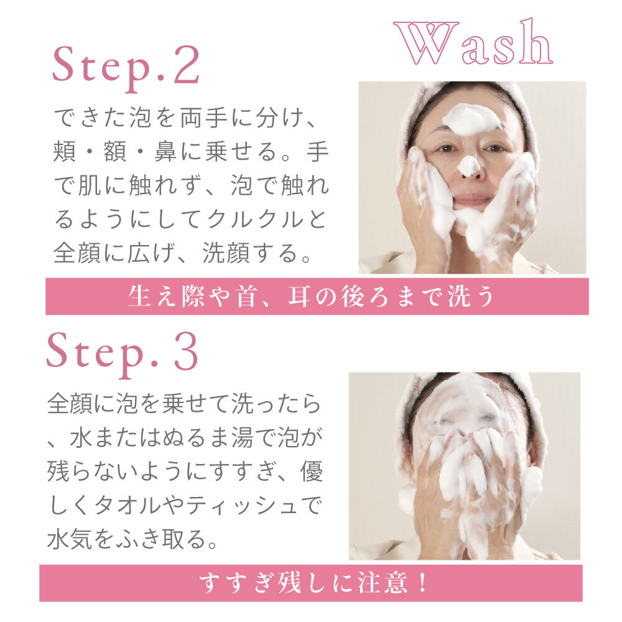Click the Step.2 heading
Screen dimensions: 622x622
(x=126, y=66)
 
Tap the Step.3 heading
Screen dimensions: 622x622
(x=123, y=354)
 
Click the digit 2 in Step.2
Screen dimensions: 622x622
(x=185, y=65)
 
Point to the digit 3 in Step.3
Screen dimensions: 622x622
(x=185, y=353)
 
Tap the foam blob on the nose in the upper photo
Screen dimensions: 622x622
(x=469, y=165)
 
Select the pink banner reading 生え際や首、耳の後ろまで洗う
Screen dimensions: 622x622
(x=317, y=297)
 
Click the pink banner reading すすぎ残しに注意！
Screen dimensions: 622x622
(x=311, y=583)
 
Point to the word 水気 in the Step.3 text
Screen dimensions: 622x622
(x=64, y=539)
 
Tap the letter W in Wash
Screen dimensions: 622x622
(x=421, y=44)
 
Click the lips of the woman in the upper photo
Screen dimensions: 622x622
(x=472, y=200)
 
